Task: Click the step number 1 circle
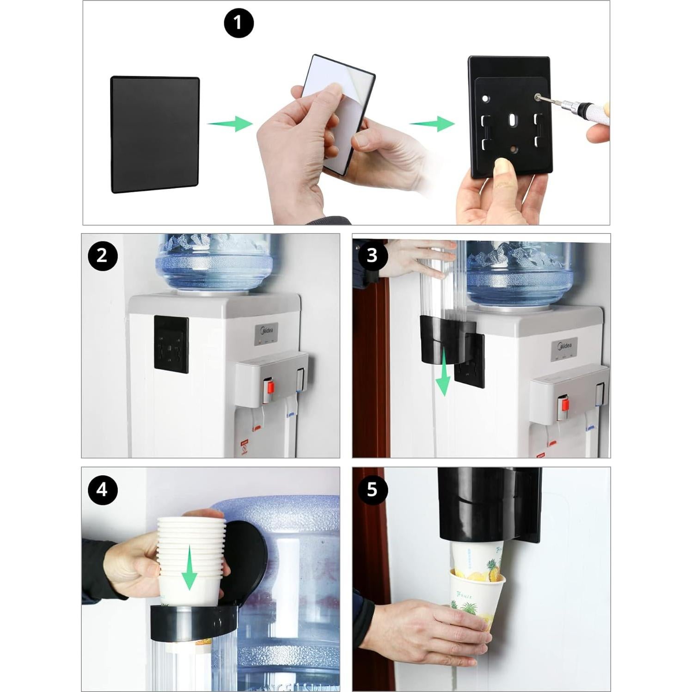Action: [x=239, y=23]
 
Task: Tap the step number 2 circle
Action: [x=102, y=256]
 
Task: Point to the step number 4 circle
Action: [x=102, y=490]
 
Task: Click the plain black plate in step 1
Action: [x=155, y=134]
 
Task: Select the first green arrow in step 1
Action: [x=229, y=124]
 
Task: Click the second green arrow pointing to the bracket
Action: [x=432, y=124]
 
